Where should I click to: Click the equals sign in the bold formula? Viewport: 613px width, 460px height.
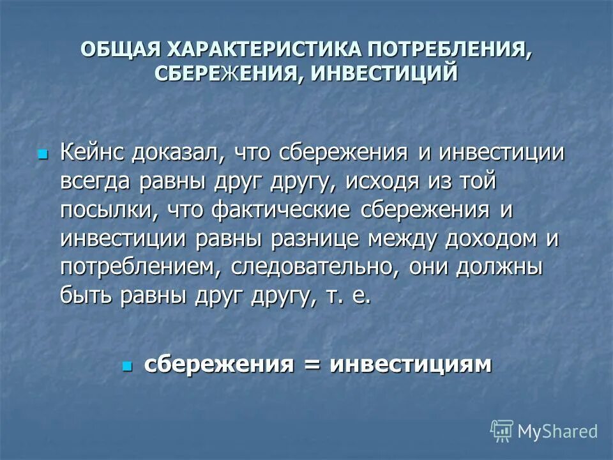[312, 365]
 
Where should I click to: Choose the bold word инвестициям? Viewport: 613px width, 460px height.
[411, 364]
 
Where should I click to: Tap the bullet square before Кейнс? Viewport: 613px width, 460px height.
[43, 154]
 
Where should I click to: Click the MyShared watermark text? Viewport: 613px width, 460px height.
[557, 432]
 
